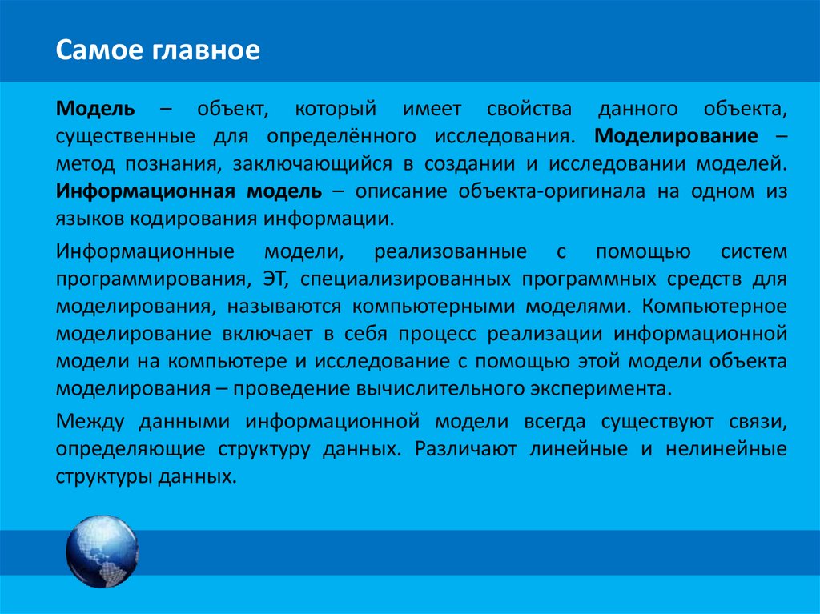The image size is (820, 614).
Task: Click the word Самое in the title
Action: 93,51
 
